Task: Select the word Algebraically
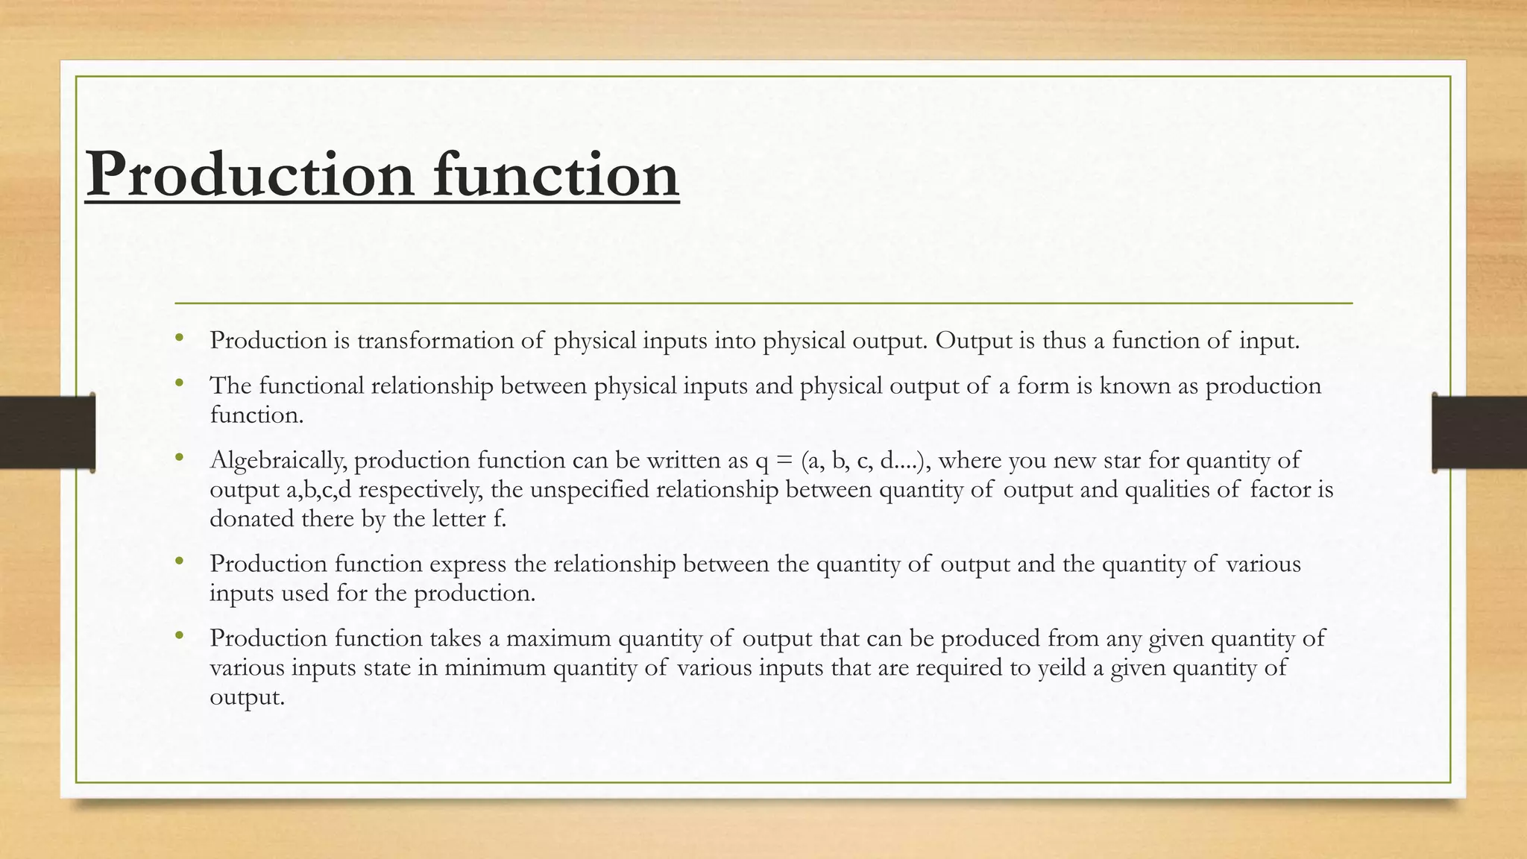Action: (278, 461)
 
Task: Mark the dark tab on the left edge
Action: (47, 432)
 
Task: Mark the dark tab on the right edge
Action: (1479, 432)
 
